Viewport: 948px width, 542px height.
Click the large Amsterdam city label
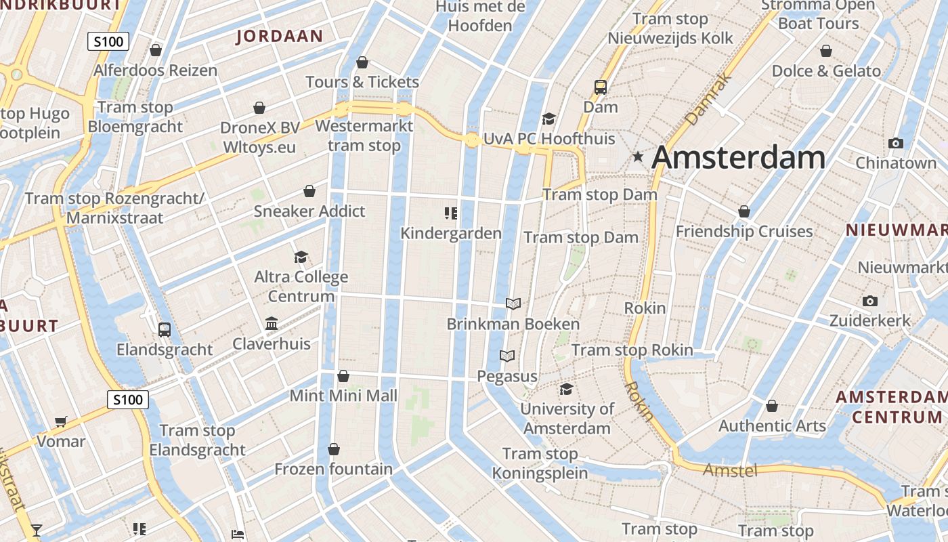(738, 157)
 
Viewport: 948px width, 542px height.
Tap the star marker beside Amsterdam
(638, 157)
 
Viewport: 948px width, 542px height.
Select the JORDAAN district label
(280, 36)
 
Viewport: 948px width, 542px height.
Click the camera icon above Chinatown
(896, 143)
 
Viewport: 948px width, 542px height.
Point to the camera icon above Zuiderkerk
(870, 301)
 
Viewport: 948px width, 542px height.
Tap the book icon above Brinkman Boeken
(513, 304)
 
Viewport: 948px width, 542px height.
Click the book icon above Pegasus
(507, 356)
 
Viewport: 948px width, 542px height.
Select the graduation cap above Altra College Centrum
(301, 257)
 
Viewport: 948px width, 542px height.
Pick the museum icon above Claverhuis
(272, 323)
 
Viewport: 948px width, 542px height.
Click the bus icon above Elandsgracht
(165, 330)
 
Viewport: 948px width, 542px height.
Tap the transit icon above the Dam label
(601, 87)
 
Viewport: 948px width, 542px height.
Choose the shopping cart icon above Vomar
(61, 421)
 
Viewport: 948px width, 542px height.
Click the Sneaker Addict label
(309, 211)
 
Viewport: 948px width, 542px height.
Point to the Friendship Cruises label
(744, 232)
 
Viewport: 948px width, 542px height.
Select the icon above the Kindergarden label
(451, 213)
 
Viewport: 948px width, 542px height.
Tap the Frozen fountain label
(333, 469)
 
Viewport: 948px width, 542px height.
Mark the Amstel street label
(730, 470)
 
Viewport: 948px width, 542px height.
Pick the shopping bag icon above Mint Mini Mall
(343, 375)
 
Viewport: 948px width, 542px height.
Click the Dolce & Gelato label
(826, 71)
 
